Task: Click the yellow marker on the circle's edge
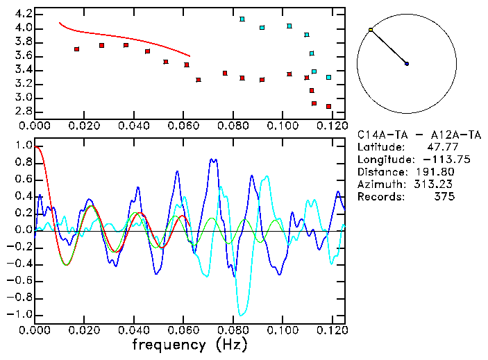(371, 30)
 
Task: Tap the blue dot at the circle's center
(407, 64)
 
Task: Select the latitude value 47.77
(439, 147)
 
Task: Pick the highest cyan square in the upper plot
(242, 19)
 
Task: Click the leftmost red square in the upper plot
(76, 49)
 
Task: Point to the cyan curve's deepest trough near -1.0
(241, 314)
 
